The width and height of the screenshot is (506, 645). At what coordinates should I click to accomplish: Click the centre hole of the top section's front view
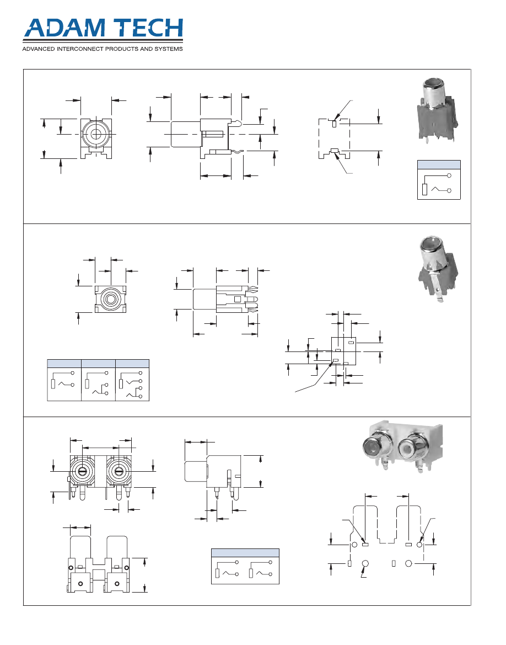(96, 134)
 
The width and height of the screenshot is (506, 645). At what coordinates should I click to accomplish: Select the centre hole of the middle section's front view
(111, 300)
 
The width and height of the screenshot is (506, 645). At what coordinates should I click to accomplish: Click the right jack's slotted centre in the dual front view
(117, 471)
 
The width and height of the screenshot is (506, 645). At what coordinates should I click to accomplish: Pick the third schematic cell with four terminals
(132, 384)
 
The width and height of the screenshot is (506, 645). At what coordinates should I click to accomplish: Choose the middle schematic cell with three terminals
(98, 384)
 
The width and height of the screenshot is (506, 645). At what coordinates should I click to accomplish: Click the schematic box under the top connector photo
(439, 183)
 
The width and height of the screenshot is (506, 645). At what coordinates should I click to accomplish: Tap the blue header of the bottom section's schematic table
(245, 553)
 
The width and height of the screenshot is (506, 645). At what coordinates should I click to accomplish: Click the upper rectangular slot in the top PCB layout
(334, 124)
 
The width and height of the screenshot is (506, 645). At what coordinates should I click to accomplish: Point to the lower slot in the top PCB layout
(334, 150)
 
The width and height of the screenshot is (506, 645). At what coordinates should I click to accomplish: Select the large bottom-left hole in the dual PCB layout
(365, 563)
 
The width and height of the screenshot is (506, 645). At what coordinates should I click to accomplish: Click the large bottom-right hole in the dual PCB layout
(409, 563)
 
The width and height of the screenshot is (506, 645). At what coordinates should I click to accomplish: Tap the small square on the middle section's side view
(238, 299)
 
